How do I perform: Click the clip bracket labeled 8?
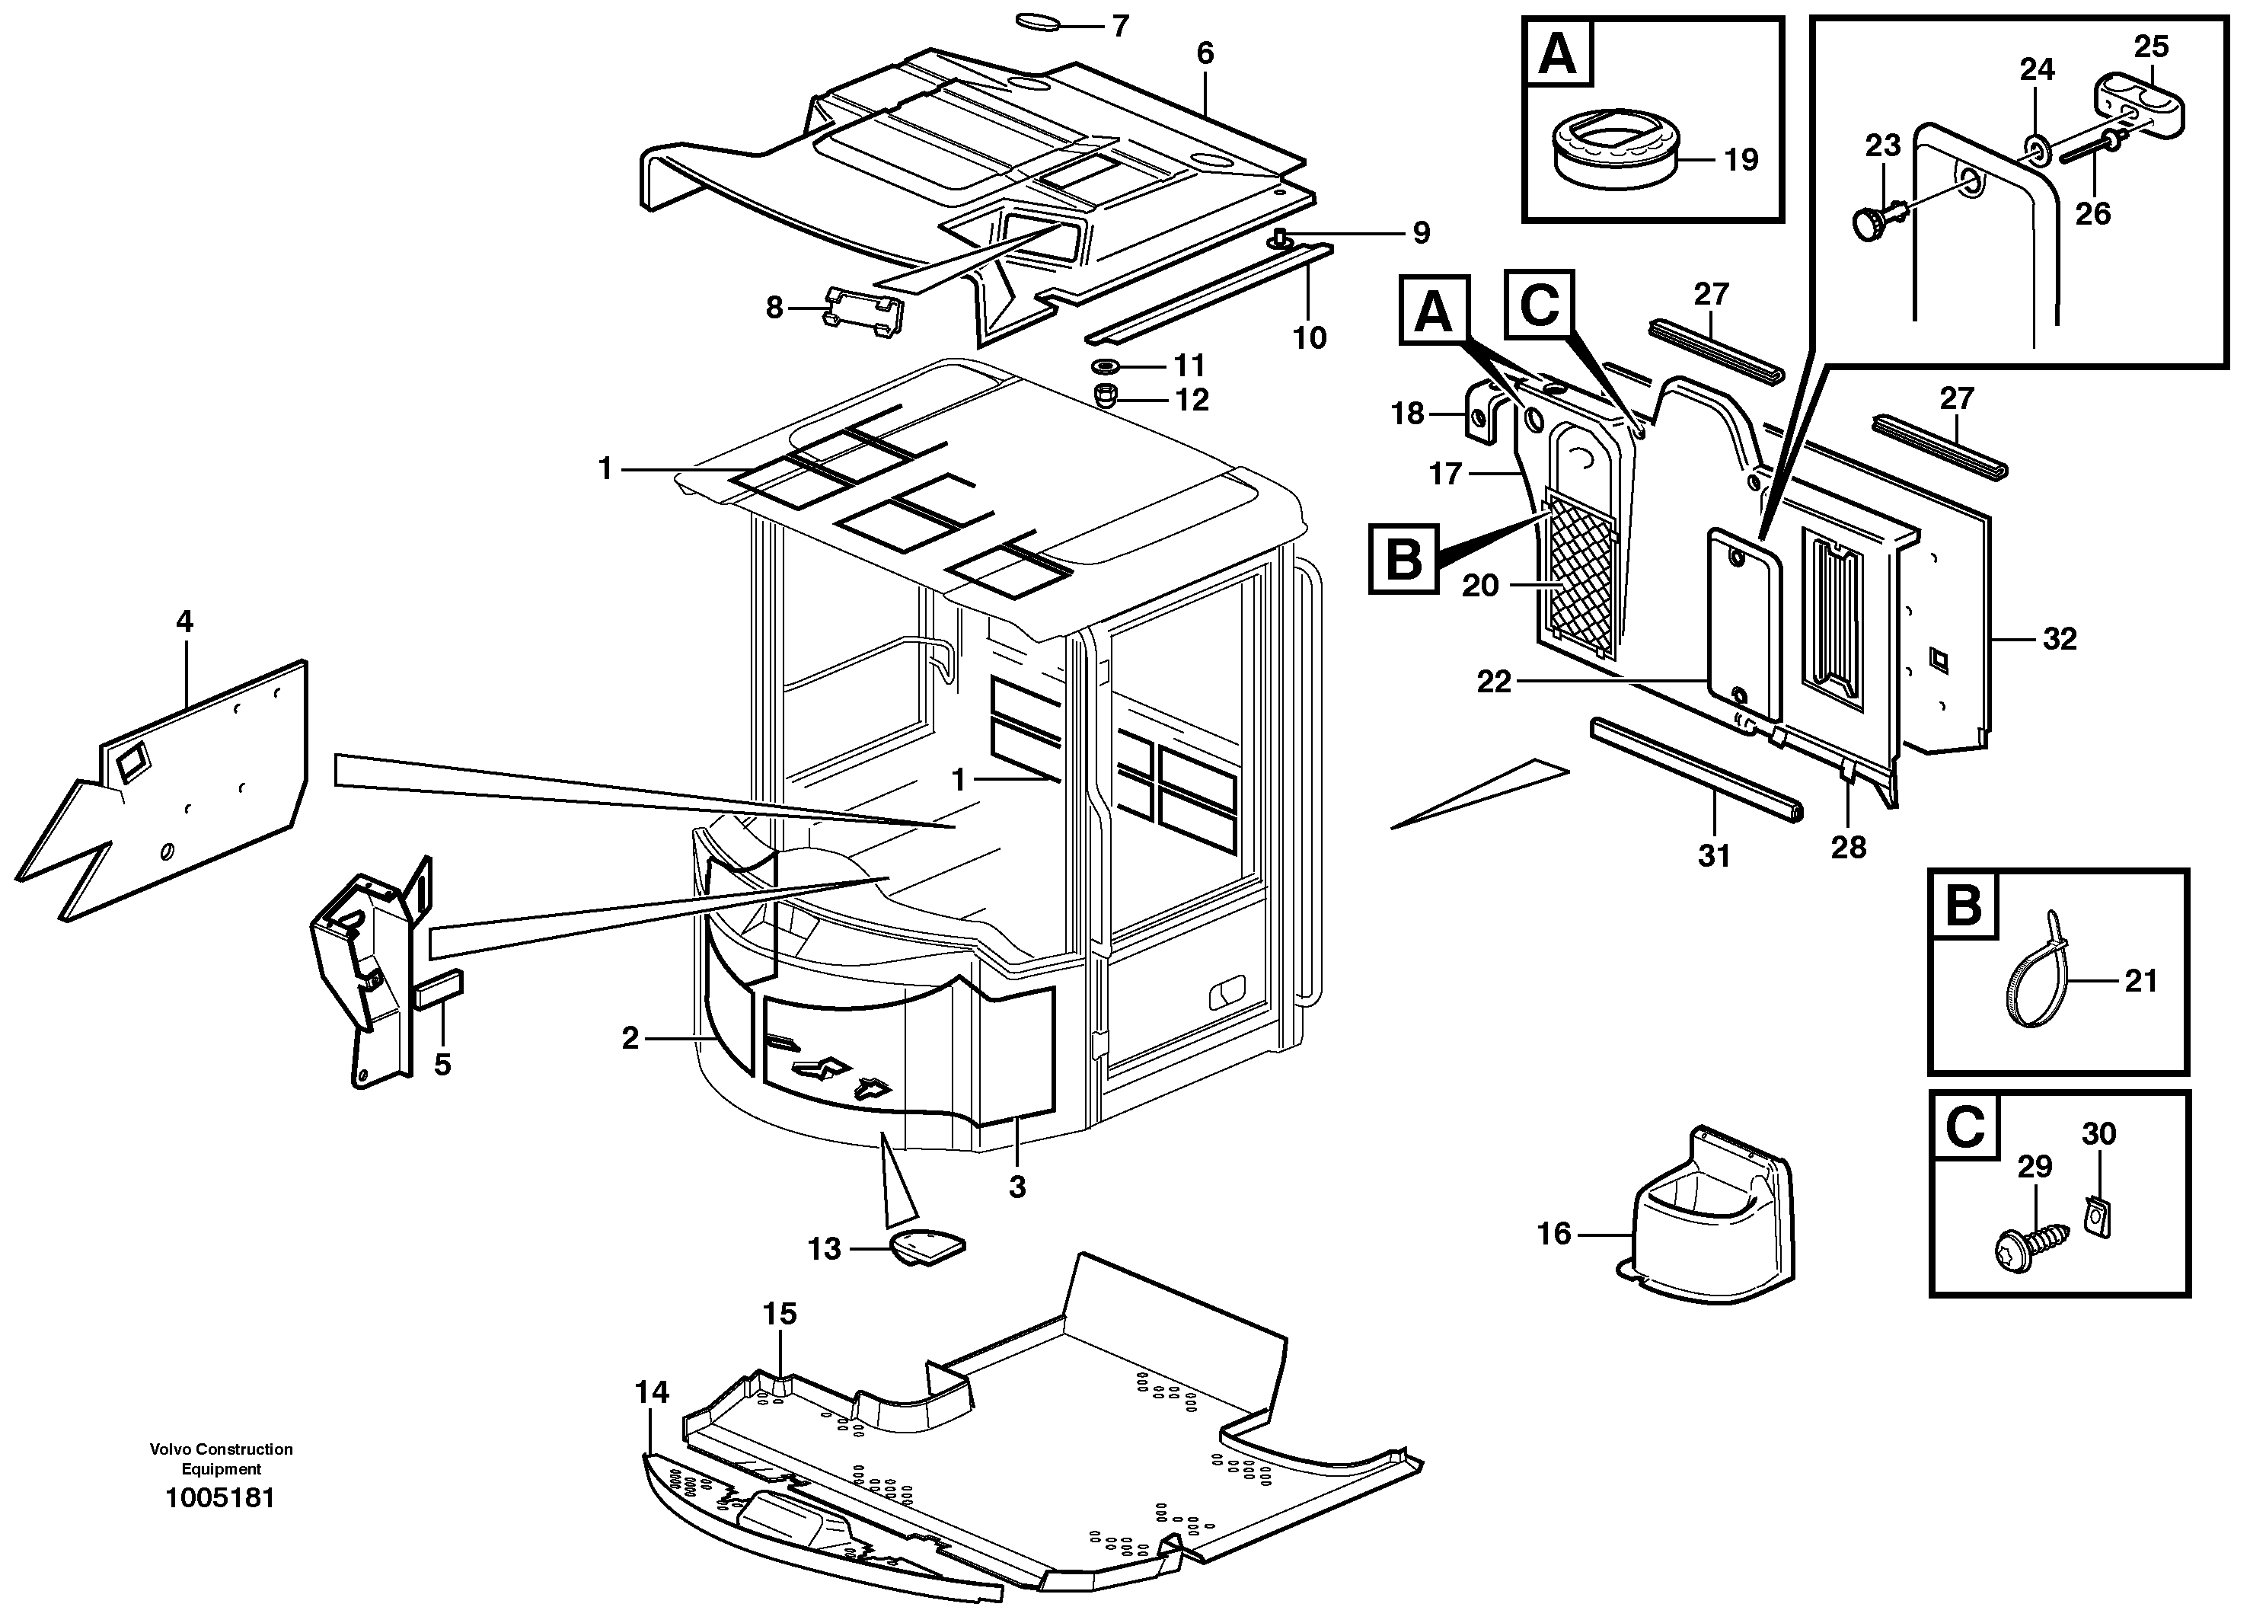coord(864,308)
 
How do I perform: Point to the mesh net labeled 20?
coord(1581,570)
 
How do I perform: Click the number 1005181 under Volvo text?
coord(220,1497)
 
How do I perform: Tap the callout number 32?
coord(2059,639)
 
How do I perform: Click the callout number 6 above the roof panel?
coord(1205,53)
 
